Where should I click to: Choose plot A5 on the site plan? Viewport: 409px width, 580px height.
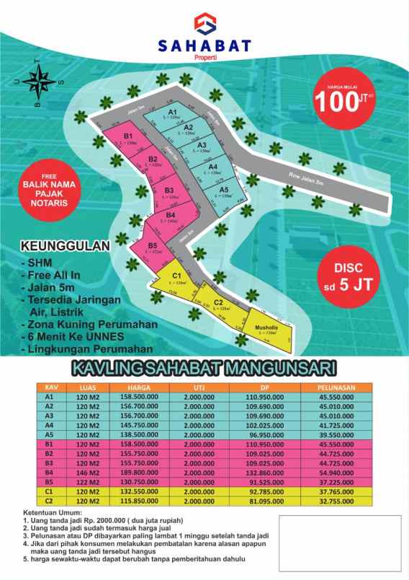coord(225,191)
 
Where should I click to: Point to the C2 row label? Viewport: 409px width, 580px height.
coord(50,501)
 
